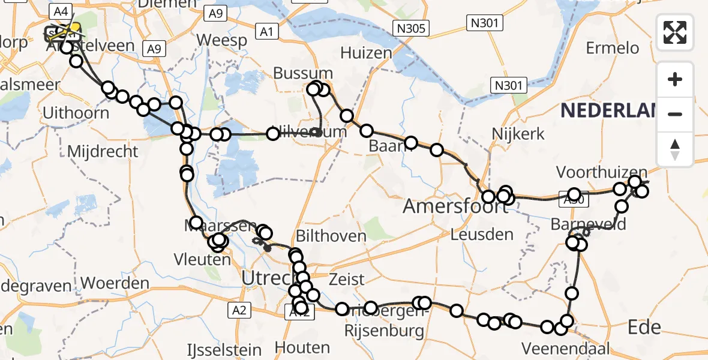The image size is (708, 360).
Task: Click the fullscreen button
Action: [675, 32]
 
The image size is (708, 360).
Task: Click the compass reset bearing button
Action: [675, 149]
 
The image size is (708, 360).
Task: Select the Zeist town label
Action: [347, 280]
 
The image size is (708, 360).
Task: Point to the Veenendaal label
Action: [566, 348]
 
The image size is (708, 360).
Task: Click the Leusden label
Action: [482, 235]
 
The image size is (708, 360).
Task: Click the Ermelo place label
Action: [618, 47]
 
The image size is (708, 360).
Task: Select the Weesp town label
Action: [222, 41]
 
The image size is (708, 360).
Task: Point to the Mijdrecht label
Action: [102, 152]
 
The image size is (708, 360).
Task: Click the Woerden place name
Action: [115, 283]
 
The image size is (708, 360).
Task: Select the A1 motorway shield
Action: [265, 32]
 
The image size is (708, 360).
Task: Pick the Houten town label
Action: [302, 347]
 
